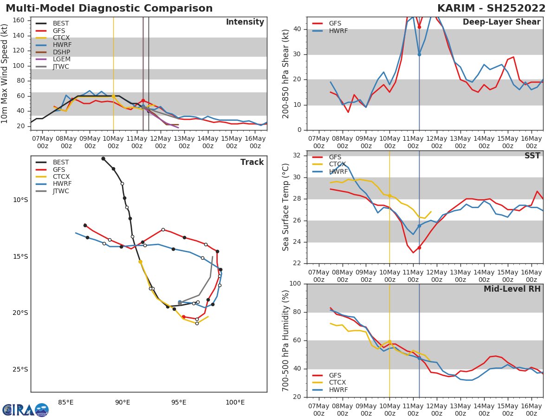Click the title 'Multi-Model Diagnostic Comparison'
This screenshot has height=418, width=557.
pyautogui.click(x=109, y=8)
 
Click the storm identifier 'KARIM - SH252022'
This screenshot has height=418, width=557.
pyautogui.click(x=491, y=8)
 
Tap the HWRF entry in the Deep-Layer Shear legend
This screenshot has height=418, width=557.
pyautogui.click(x=338, y=31)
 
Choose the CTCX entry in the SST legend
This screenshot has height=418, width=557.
pyautogui.click(x=337, y=164)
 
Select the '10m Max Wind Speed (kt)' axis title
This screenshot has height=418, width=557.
pyautogui.click(x=6, y=73)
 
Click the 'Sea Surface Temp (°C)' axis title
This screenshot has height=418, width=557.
pyautogui.click(x=286, y=207)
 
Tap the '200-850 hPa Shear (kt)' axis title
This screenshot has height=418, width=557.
pyautogui.click(x=286, y=73)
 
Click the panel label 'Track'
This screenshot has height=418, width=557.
pyautogui.click(x=252, y=162)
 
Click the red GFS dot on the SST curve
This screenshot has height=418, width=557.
pyautogui.click(x=419, y=248)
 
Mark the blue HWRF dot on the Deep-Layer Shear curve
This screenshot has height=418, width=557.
pyautogui.click(x=419, y=54)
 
